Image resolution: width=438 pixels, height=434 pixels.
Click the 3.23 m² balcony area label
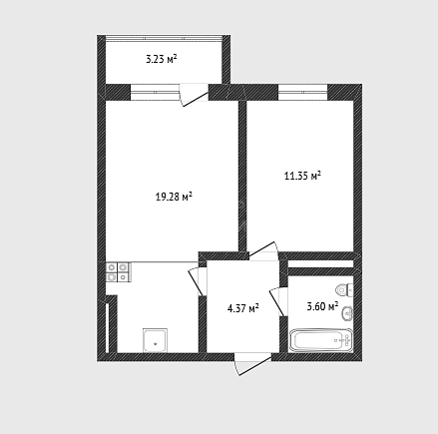click(162, 60)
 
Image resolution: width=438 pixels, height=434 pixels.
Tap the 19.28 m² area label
click(175, 197)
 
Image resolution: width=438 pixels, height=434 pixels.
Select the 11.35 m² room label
click(302, 176)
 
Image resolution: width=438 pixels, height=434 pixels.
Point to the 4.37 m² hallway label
click(243, 308)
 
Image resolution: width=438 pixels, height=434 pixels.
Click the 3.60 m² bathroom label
click(322, 306)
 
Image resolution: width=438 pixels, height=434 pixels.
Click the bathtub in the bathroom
click(321, 340)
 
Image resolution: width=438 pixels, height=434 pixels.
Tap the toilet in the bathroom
click(344, 290)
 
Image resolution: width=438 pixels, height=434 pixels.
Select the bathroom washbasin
click(347, 313)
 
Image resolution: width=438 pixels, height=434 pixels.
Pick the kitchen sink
click(155, 340)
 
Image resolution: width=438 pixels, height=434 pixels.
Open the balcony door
click(194, 95)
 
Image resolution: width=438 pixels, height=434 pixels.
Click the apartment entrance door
click(253, 364)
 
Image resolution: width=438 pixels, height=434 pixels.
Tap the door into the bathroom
click(278, 301)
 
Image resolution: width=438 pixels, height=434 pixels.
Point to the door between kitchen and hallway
click(198, 281)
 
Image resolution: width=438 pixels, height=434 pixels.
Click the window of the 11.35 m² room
click(303, 92)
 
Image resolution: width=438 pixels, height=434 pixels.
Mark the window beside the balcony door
click(155, 92)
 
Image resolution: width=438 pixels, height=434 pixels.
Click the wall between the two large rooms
click(242, 176)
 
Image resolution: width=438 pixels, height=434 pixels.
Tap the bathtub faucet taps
click(348, 340)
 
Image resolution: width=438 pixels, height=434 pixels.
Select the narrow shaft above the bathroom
click(320, 264)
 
